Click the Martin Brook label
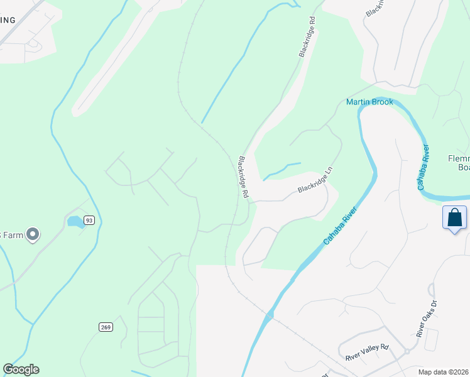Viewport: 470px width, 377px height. pyautogui.click(x=369, y=102)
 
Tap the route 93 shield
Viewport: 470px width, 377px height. pyautogui.click(x=89, y=220)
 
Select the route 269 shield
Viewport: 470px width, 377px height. pyautogui.click(x=106, y=327)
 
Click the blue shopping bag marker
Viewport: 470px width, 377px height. pyautogui.click(x=454, y=218)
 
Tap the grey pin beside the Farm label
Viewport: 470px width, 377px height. pyautogui.click(x=33, y=235)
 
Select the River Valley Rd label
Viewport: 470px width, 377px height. pyautogui.click(x=367, y=353)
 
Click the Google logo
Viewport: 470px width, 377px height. pyautogui.click(x=21, y=369)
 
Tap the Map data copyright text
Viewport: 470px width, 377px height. pyautogui.click(x=444, y=371)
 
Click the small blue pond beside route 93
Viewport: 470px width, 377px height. pyautogui.click(x=75, y=221)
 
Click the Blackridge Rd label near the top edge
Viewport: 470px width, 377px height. pyautogui.click(x=307, y=41)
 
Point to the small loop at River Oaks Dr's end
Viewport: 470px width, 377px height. pyautogui.click(x=431, y=288)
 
